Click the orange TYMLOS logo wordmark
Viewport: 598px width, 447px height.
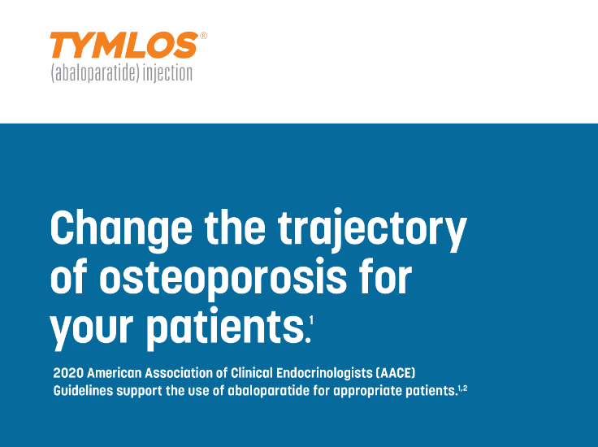click(x=123, y=46)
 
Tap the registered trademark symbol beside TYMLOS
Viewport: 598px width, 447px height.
click(x=203, y=36)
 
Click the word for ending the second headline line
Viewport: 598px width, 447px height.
click(x=383, y=278)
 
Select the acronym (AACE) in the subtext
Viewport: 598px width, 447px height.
click(x=396, y=374)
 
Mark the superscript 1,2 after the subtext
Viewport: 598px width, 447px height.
click(x=462, y=388)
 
